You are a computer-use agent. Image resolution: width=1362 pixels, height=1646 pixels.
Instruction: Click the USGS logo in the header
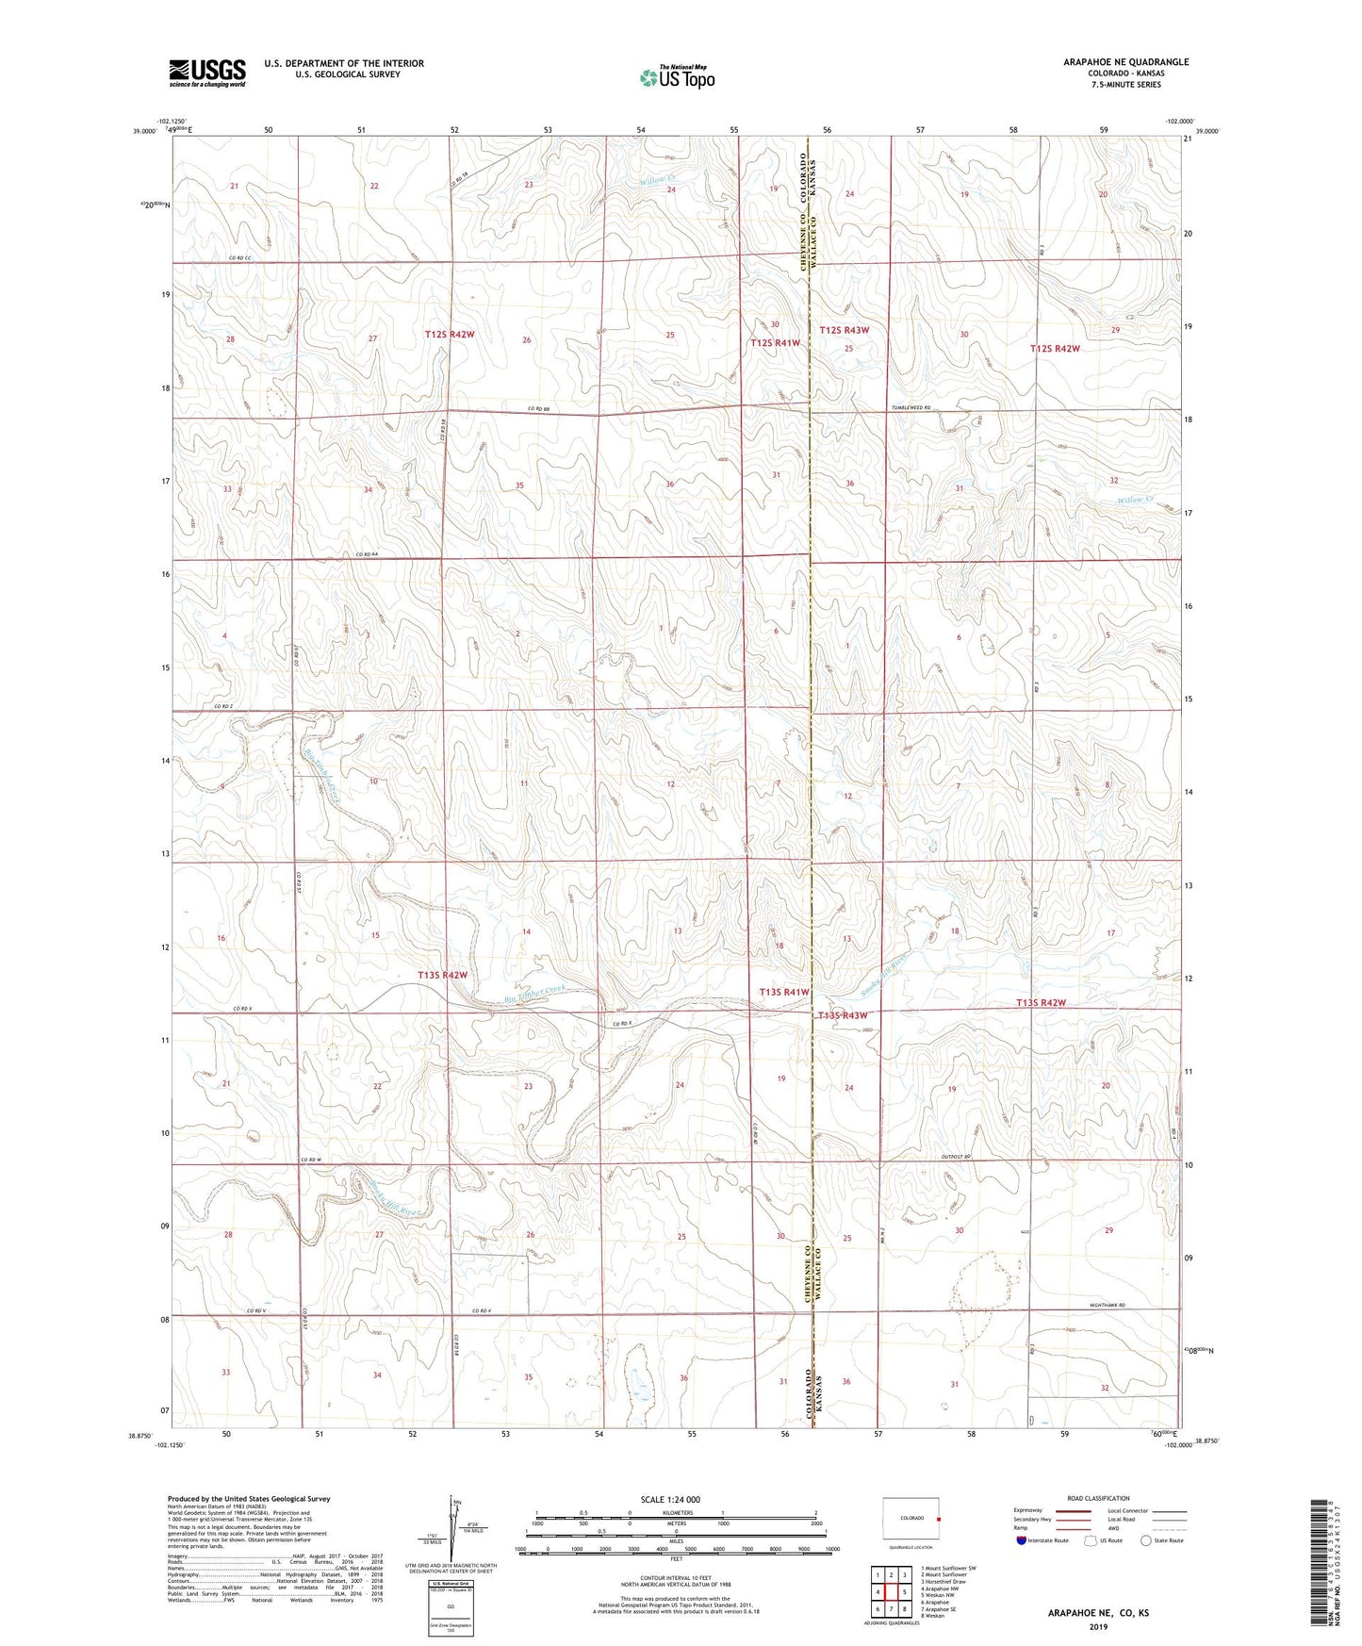[x=206, y=73]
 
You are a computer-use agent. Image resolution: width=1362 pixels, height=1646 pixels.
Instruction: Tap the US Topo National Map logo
[x=677, y=77]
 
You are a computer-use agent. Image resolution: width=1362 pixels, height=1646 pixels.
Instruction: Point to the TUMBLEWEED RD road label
[x=911, y=408]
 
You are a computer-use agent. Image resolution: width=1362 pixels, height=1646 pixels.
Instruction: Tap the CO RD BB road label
[x=538, y=408]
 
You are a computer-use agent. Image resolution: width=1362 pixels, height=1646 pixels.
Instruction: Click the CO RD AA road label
[x=367, y=554]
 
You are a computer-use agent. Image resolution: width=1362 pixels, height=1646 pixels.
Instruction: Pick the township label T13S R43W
[x=842, y=1015]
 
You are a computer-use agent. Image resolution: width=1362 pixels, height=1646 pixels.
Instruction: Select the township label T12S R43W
[x=844, y=330]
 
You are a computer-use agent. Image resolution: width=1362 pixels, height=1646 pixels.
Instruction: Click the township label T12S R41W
[x=775, y=343]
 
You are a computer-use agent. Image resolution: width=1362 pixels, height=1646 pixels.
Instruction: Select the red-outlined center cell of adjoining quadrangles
[x=891, y=1591]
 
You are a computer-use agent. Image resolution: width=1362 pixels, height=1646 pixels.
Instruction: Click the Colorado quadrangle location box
[x=911, y=1517]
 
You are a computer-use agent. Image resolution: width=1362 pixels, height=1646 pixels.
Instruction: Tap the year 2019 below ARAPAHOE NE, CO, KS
[x=1098, y=1627]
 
